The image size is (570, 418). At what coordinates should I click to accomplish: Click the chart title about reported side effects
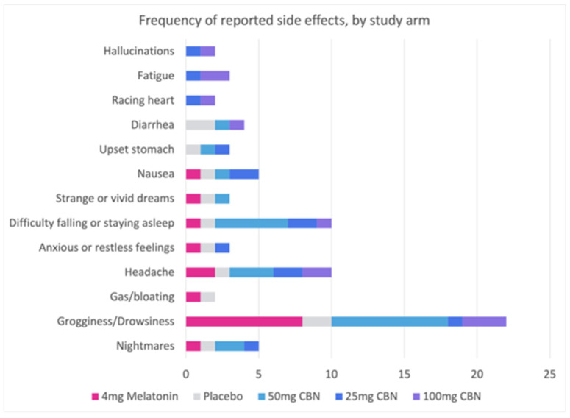coord(285,21)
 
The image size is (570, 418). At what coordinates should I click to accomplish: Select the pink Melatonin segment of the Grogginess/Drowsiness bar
coord(243,321)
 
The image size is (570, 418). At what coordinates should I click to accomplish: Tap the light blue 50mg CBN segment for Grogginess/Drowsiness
coord(389,321)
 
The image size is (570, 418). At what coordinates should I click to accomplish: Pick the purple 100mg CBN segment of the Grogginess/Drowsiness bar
coord(484,321)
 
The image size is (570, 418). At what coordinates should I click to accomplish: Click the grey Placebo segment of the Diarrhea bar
coord(200,125)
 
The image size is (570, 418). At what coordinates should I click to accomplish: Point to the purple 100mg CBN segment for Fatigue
coord(215,76)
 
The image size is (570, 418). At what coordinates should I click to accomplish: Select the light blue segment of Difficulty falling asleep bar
coord(251,223)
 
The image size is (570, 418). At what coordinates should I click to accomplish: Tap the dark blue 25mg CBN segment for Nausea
coord(243,174)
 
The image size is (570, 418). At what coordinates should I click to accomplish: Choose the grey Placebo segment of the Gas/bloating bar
coord(207,297)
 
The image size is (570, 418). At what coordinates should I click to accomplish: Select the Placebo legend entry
coord(221,397)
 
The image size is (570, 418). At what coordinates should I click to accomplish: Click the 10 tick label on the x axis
coord(331,372)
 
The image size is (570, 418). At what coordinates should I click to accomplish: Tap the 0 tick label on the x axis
coord(186,372)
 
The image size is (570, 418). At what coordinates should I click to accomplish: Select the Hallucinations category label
coord(139,52)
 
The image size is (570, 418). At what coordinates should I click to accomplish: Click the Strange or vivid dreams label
coord(115,199)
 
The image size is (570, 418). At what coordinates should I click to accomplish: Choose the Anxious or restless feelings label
coord(107,248)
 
